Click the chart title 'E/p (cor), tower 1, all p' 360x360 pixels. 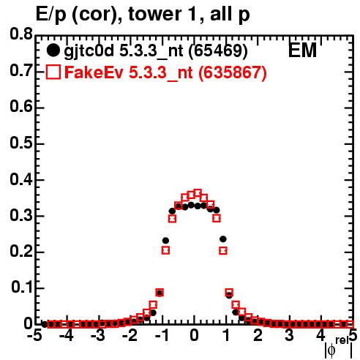[x=143, y=14]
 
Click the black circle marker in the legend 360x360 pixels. [x=53, y=50]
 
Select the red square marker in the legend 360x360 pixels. [x=53, y=72]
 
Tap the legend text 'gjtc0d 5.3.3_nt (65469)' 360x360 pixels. [x=156, y=51]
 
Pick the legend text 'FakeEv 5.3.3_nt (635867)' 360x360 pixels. [x=165, y=72]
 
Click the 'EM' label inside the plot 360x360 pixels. [x=302, y=50]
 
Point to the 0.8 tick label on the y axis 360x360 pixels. [x=21, y=34]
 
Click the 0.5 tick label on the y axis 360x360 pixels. [x=21, y=143]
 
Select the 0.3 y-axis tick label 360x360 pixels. [x=21, y=216]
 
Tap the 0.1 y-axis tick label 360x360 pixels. [x=21, y=288]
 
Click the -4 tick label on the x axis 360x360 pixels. [x=67, y=335]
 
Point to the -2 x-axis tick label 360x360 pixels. [x=130, y=335]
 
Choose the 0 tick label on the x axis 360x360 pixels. [x=194, y=335]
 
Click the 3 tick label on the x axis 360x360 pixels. [x=289, y=335]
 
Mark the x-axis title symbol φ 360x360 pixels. [x=331, y=350]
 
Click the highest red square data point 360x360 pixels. [x=198, y=193]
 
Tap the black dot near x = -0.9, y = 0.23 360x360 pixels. [x=165, y=241]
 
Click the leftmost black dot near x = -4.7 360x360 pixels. [x=44, y=324]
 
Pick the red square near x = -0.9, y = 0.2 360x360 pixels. [x=165, y=250]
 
